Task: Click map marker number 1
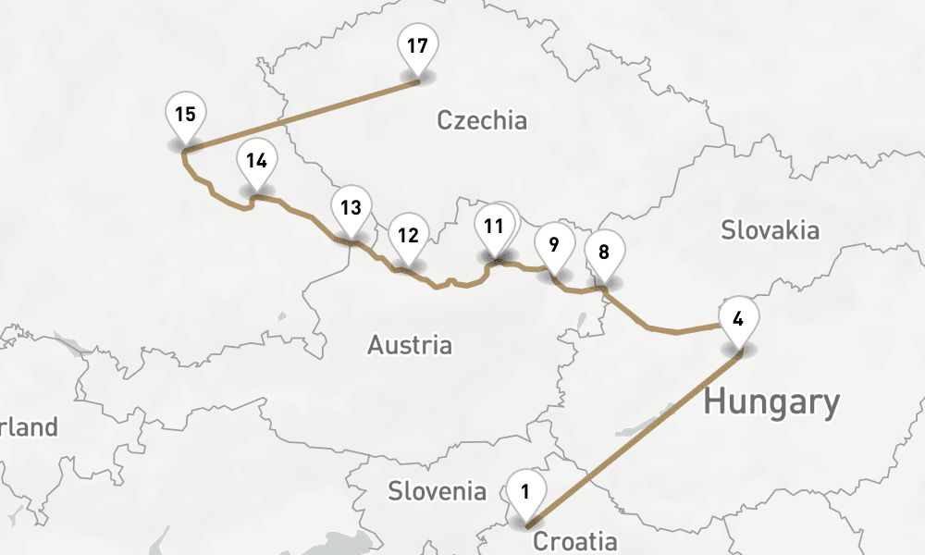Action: click(x=525, y=493)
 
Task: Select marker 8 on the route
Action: click(x=604, y=253)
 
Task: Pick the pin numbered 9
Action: click(x=553, y=245)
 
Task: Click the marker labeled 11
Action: click(x=494, y=226)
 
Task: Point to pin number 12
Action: click(x=408, y=235)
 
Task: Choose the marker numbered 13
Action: click(x=350, y=207)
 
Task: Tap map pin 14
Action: click(x=256, y=160)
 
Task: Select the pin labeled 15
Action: click(x=185, y=115)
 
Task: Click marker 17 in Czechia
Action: click(x=417, y=46)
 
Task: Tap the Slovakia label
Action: click(x=770, y=230)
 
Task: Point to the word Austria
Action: click(x=410, y=346)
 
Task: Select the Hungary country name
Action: click(x=771, y=403)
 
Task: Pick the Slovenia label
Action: click(x=437, y=490)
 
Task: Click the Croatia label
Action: click(x=574, y=541)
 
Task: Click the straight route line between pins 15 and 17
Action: click(x=301, y=116)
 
